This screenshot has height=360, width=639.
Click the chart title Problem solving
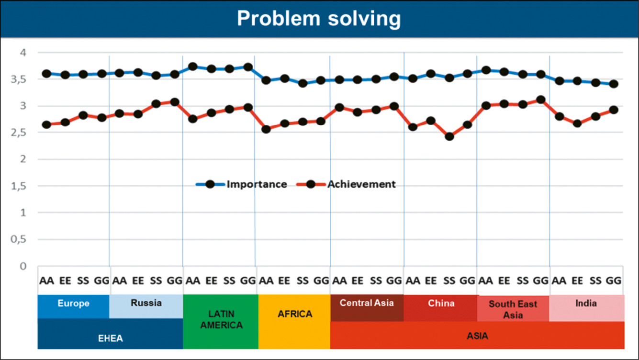click(319, 19)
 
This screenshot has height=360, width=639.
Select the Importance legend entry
click(257, 184)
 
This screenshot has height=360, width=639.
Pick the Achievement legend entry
click(361, 184)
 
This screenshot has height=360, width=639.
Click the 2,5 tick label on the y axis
click(21, 133)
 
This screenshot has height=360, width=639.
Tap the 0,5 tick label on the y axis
click(21, 239)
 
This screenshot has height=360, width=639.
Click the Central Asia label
click(367, 303)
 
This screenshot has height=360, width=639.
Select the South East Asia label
click(513, 309)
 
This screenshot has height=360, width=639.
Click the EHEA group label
click(110, 338)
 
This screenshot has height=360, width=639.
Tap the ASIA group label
click(477, 336)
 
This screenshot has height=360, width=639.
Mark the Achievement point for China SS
click(449, 136)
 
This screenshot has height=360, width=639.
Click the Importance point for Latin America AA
click(193, 67)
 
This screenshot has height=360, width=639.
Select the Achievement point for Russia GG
click(175, 102)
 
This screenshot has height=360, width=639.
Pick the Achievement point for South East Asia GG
click(540, 100)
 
